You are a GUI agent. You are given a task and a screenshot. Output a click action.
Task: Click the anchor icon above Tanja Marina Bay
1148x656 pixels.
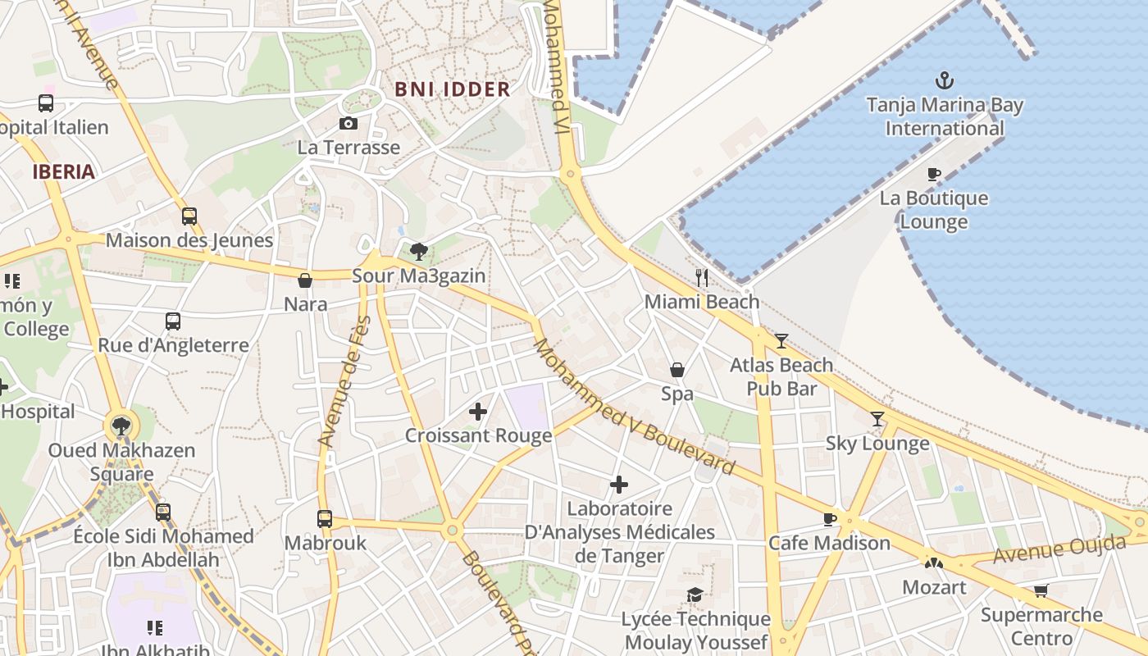pos(945,80)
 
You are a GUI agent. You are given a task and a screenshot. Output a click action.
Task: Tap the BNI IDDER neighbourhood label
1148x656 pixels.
pos(453,89)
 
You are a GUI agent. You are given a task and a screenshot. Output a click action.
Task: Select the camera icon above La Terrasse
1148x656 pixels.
pos(348,124)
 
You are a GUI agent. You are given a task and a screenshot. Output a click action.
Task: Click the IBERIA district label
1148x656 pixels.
pos(64,172)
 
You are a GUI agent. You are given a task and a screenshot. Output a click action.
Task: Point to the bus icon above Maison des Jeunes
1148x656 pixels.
pos(189,216)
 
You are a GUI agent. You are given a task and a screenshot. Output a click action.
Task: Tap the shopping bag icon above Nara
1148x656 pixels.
pos(305,280)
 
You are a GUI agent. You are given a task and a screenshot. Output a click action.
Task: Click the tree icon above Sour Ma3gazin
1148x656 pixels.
pos(419,251)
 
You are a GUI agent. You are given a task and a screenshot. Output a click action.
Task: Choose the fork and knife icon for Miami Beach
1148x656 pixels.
pos(701,278)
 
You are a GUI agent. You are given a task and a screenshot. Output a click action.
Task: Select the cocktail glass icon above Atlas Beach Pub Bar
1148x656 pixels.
pos(781,341)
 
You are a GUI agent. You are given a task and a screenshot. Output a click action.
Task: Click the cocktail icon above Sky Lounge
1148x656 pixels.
pos(877,419)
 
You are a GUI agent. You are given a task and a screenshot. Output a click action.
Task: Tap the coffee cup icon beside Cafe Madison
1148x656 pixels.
pos(830,519)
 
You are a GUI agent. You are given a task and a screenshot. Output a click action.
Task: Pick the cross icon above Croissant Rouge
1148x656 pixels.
pos(478,412)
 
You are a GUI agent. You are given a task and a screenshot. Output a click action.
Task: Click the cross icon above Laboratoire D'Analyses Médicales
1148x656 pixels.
pos(619,485)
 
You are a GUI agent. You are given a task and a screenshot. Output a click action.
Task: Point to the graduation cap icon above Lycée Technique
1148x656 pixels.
pos(695,594)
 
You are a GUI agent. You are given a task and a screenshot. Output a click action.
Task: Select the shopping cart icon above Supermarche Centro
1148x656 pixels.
pos(1041,590)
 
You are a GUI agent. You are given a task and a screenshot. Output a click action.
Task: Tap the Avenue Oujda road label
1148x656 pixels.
pos(1059,549)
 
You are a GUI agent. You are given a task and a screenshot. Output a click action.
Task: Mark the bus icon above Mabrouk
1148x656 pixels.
pos(325,519)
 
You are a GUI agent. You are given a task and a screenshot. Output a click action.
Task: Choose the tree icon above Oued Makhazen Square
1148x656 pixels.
pos(121,426)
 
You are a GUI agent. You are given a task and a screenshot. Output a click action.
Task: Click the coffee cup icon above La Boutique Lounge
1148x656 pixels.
pos(933,174)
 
